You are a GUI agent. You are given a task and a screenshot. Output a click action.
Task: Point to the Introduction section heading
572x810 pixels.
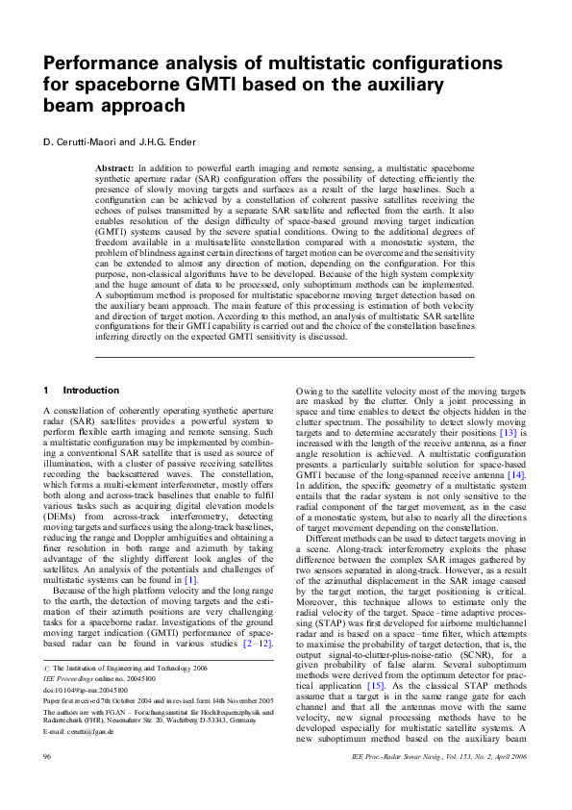tap(91, 391)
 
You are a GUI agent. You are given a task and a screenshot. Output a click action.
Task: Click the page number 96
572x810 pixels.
tap(47, 786)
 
